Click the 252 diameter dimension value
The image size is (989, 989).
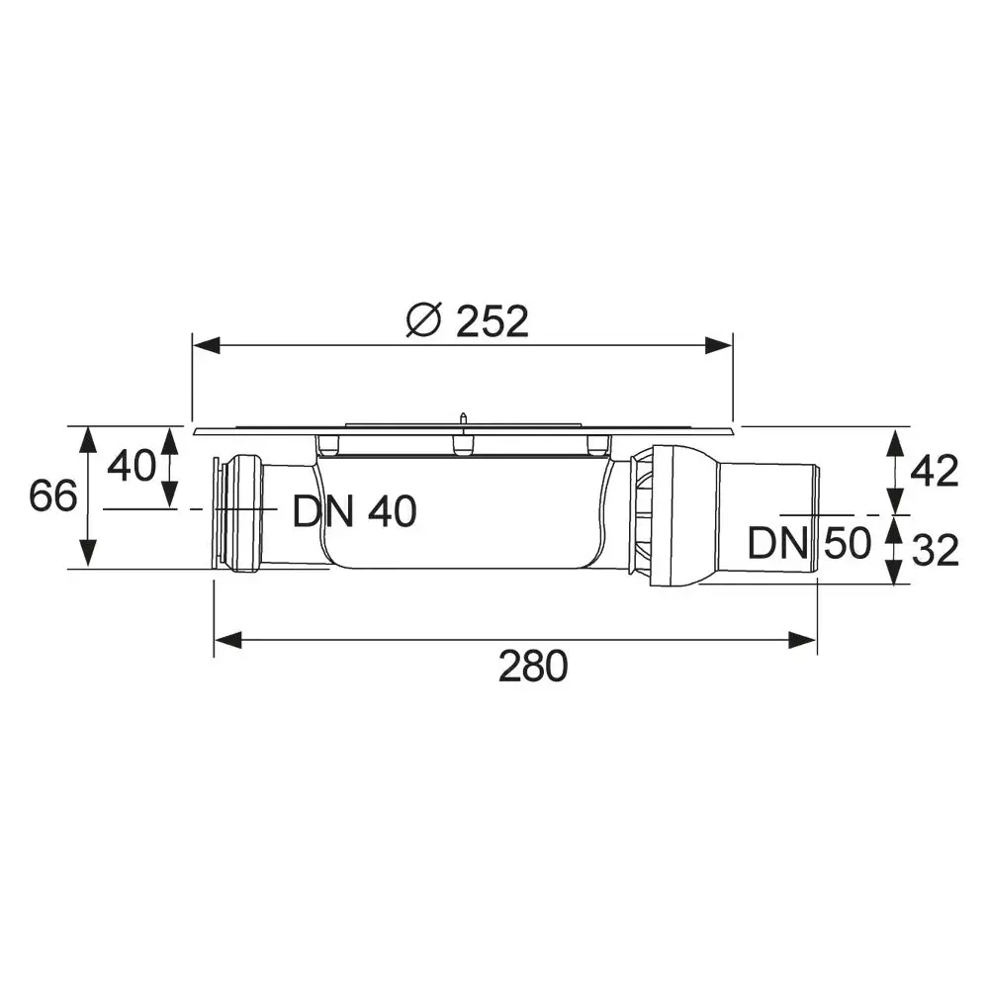tap(492, 320)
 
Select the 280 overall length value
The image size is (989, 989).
tap(533, 667)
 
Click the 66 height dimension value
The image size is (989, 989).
tap(52, 495)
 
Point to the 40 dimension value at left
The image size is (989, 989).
tap(131, 465)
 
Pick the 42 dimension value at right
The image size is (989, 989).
tap(935, 472)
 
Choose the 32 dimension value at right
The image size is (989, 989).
tap(935, 550)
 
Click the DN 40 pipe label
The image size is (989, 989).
tap(354, 511)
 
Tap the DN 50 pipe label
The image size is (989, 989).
tap(808, 543)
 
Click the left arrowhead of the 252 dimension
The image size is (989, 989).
tap(204, 345)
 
